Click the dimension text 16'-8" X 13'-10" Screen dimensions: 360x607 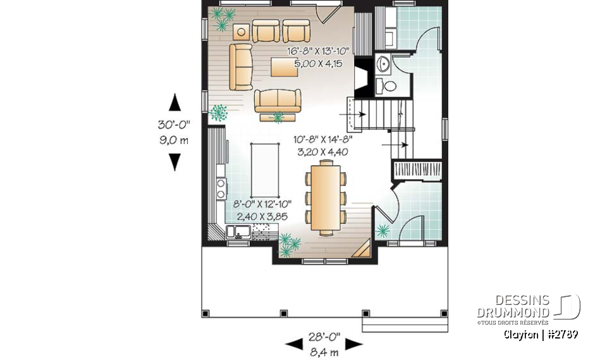click(318, 53)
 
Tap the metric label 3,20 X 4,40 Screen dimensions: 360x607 click(321, 152)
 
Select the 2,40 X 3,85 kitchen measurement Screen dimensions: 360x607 click(262, 215)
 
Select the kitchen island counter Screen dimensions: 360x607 click(266, 170)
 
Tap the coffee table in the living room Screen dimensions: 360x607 click(285, 66)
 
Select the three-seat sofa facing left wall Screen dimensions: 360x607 click(241, 66)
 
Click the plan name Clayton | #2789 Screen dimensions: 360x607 click(541, 334)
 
